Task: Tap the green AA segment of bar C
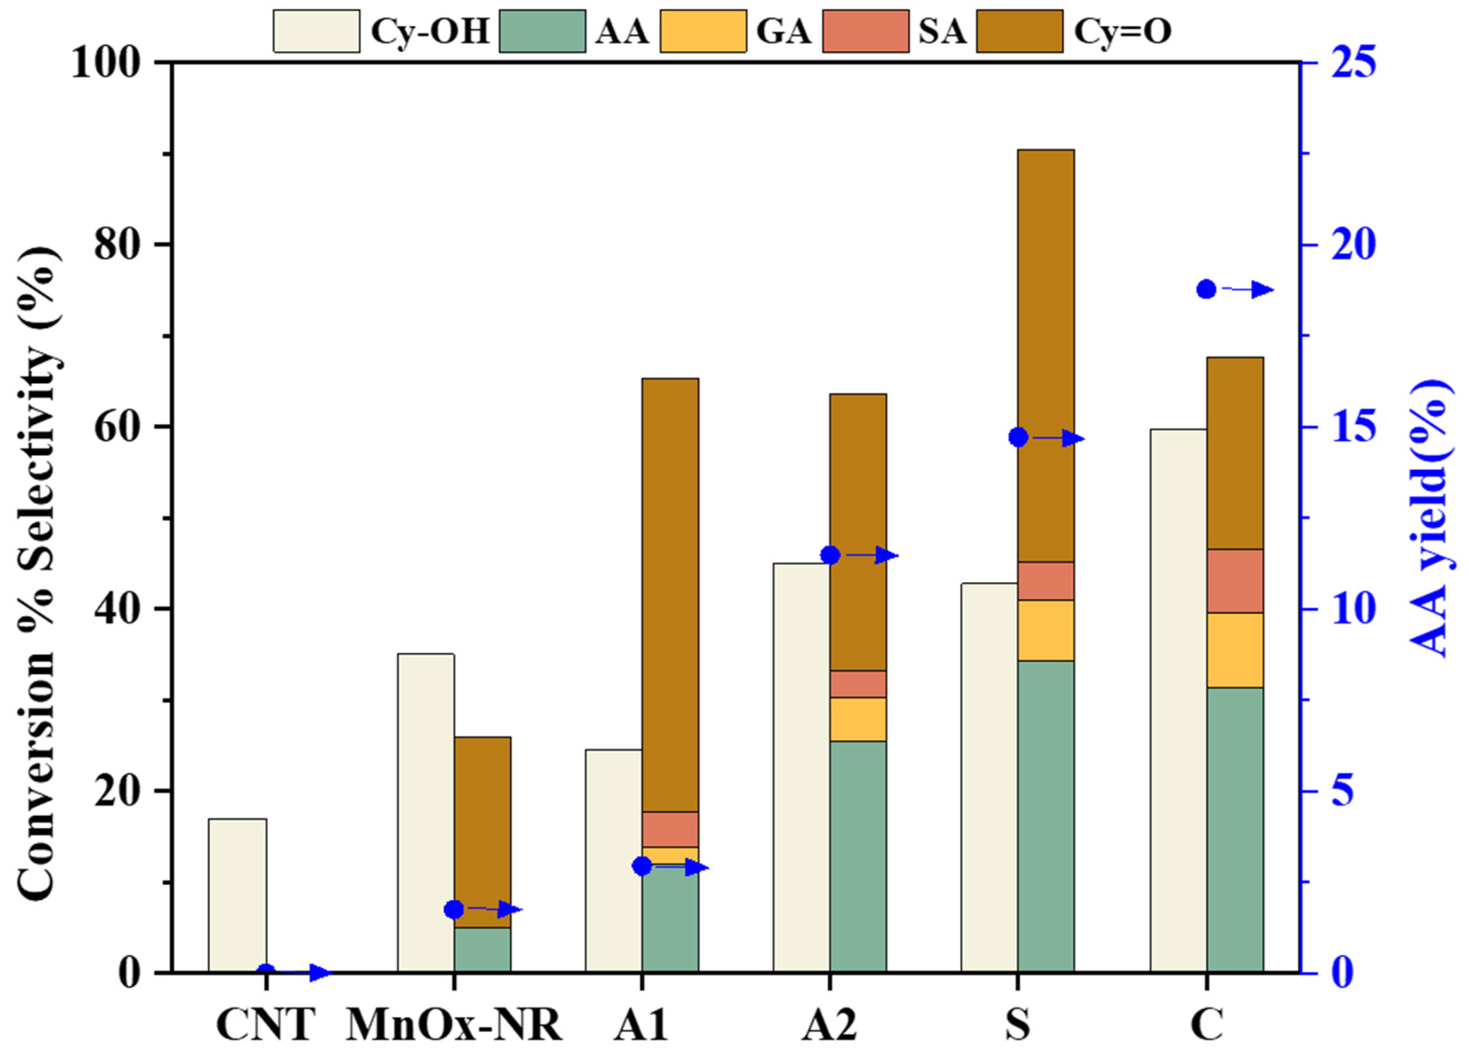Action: tap(1235, 829)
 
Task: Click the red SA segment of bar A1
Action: tap(670, 829)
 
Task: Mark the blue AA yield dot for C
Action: tap(1205, 290)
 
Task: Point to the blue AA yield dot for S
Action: tap(1018, 438)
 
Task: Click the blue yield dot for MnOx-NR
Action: tap(454, 909)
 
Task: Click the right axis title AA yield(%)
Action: tap(1428, 518)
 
